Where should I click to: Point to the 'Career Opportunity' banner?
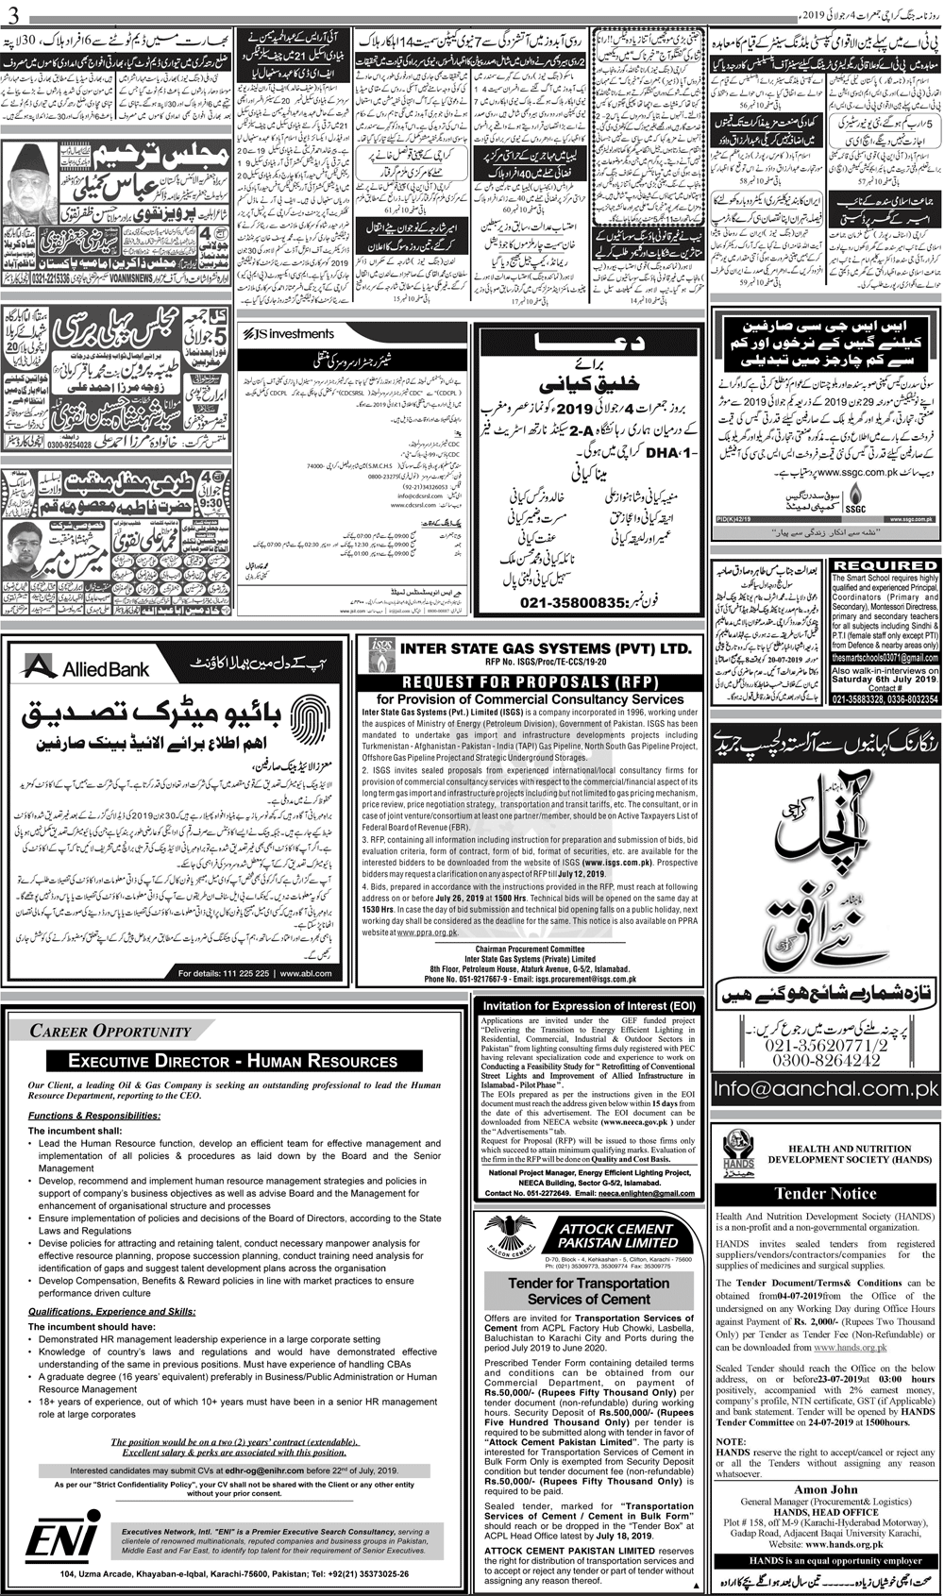pos(110,1031)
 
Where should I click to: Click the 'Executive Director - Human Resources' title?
pos(233,1061)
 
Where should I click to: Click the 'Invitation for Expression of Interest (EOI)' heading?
pos(589,1007)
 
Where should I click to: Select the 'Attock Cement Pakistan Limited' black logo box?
pos(616,1235)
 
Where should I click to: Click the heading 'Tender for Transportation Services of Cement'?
pos(588,1291)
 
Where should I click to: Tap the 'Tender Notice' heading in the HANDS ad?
pos(825,1192)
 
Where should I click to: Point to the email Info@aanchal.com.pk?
pos(825,1089)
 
